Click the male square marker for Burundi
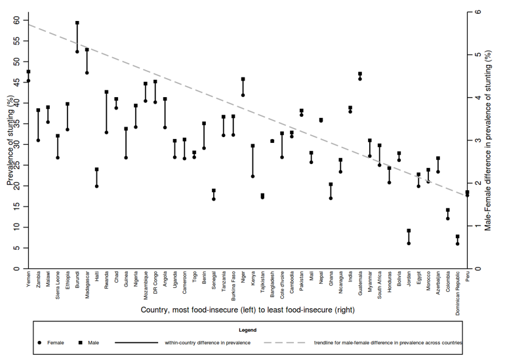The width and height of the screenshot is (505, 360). click(77, 23)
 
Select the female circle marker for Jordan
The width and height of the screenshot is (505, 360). click(409, 243)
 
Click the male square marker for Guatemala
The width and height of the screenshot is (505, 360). click(360, 74)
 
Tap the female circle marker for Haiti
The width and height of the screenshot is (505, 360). click(96, 186)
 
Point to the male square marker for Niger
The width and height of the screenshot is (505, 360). click(243, 79)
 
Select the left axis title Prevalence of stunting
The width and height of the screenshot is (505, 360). click(9, 141)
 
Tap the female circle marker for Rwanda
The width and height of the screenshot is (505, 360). click(106, 132)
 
